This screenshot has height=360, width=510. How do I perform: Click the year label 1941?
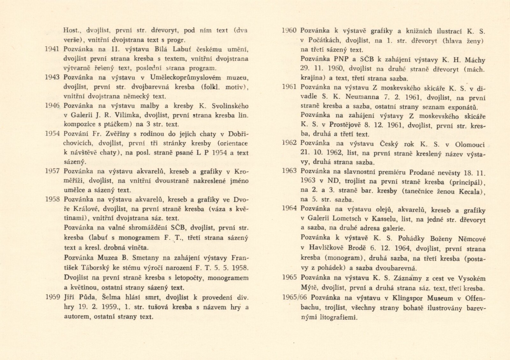pyautogui.click(x=53, y=49)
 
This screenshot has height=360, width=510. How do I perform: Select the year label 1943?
pyautogui.click(x=53, y=78)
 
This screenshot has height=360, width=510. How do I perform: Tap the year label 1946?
pyautogui.click(x=53, y=106)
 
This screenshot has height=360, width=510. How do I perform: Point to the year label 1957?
pyautogui.click(x=53, y=171)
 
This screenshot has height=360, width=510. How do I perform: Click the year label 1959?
pyautogui.click(x=53, y=298)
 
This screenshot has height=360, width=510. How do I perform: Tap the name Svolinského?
pyautogui.click(x=228, y=106)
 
